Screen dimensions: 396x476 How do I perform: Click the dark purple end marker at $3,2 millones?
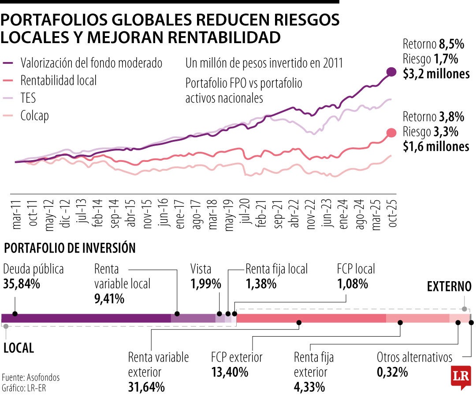[391, 72]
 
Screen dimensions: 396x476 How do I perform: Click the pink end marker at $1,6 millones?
[391, 133]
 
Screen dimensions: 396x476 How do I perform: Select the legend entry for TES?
[28, 98]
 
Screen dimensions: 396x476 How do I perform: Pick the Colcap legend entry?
[34, 116]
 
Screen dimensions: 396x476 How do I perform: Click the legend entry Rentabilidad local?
[58, 80]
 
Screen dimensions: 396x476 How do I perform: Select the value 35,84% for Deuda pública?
[22, 284]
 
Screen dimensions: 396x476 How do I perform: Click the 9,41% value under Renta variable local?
[109, 299]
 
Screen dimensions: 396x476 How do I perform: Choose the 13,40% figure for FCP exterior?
[230, 372]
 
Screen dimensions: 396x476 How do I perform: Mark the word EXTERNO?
[449, 287]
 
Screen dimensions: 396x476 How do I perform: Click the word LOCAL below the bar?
[19, 348]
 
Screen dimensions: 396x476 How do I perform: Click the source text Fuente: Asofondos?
[30, 378]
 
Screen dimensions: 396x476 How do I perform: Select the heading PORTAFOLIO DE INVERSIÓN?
[69, 248]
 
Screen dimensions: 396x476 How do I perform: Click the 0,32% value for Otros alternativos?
[392, 372]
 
